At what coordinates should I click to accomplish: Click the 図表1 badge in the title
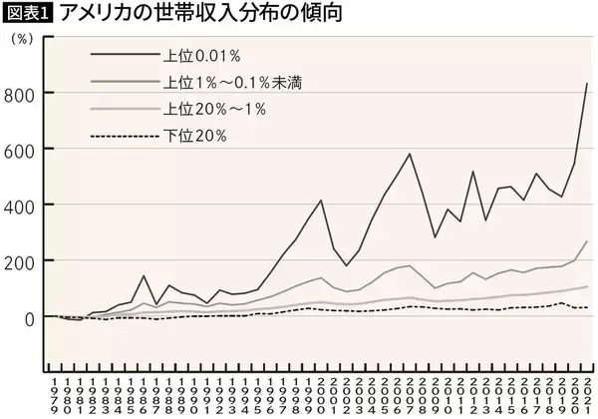coord(29,14)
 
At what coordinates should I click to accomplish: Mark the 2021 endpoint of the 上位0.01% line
coord(587,83)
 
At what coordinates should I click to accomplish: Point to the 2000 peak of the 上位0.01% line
coord(321,201)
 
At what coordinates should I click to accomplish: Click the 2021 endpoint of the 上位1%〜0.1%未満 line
coord(587,240)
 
